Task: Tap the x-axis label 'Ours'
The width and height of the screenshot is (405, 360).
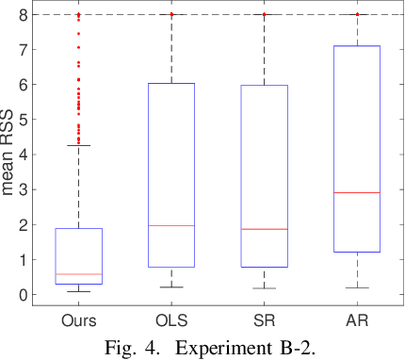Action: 78,320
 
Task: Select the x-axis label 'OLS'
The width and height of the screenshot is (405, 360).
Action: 170,320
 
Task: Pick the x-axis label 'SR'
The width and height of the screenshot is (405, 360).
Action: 264,320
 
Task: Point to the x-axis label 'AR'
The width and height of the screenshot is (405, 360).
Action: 357,320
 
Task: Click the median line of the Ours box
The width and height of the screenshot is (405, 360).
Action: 78,274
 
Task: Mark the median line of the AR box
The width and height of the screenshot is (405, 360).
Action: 357,192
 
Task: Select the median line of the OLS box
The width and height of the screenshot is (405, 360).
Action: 170,225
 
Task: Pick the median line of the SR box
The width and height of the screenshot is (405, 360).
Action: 264,229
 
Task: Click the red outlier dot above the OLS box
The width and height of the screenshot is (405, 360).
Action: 170,15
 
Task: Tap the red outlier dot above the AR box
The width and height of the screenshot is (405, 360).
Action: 357,15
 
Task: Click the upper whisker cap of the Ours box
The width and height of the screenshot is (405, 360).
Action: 78,145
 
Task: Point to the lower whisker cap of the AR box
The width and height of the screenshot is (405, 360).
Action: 357,287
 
